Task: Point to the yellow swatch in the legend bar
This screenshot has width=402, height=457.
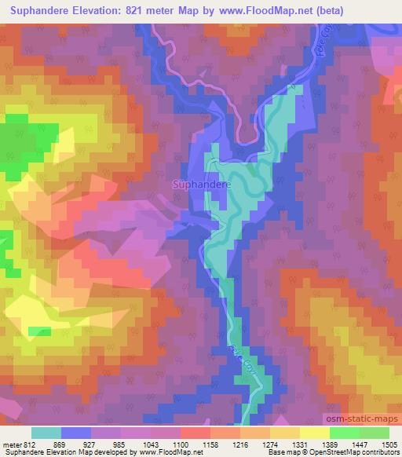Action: pos(314,433)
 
